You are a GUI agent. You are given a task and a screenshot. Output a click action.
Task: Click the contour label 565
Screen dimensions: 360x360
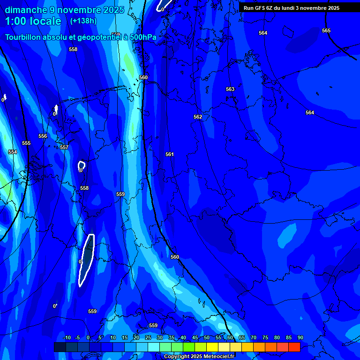[326, 30]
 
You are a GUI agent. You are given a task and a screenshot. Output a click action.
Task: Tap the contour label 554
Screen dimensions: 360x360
[13, 152]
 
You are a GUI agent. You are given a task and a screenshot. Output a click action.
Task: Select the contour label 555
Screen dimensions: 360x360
[26, 143]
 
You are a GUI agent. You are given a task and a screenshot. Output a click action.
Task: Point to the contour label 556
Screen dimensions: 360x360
[43, 136]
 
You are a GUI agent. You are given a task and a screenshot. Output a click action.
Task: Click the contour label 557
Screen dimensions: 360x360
[64, 147]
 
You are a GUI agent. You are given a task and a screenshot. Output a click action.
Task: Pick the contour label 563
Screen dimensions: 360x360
[230, 89]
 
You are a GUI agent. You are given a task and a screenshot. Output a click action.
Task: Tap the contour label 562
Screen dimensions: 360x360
[198, 117]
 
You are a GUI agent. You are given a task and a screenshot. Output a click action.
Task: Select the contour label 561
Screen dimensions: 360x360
[170, 154]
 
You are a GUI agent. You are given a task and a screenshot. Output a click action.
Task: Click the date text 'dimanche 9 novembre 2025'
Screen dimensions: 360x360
[64, 10]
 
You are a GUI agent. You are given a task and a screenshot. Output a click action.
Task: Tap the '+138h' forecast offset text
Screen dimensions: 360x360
[83, 21]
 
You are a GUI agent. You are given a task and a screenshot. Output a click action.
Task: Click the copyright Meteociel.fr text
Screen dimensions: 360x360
[198, 357]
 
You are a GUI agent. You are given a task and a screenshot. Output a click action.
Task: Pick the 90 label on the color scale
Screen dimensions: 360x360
[300, 337]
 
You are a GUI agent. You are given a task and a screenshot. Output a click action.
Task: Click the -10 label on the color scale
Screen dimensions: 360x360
[67, 337]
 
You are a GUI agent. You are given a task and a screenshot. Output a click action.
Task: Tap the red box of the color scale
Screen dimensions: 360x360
[294, 347]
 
